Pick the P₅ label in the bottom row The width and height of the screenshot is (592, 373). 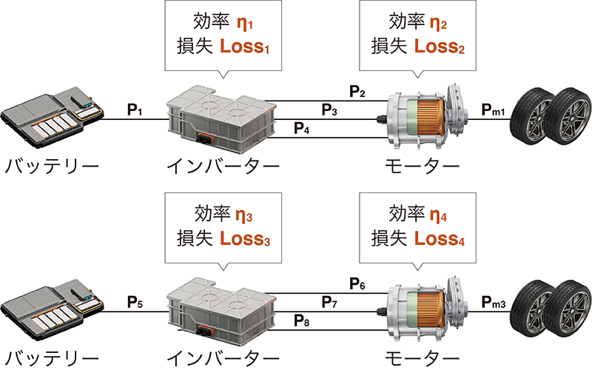134,302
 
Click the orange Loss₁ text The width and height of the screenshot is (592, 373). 244,49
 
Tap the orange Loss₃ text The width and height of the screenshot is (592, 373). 244,241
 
